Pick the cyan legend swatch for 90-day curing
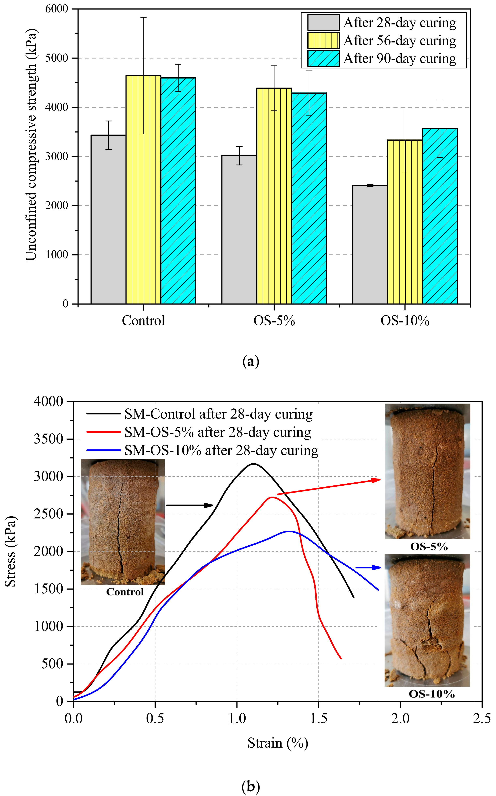tap(323, 58)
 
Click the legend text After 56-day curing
tap(400, 41)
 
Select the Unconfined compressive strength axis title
tap(32, 144)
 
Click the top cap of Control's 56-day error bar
tap(143, 17)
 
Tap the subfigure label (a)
tap(251, 361)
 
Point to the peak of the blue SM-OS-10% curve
tap(289, 531)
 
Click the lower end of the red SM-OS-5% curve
tap(341, 658)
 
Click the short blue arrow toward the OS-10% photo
tap(368, 567)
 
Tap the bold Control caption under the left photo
tap(125, 592)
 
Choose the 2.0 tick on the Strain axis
tap(400, 719)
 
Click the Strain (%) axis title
tap(278, 743)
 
